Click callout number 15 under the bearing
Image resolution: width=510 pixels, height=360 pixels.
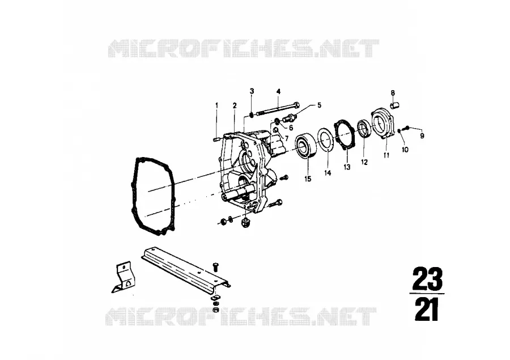click(308, 179)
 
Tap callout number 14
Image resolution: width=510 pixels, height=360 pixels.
click(328, 173)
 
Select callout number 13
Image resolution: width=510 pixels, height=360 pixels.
click(347, 167)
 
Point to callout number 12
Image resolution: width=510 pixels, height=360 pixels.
click(364, 162)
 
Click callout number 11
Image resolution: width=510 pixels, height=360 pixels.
click(386, 155)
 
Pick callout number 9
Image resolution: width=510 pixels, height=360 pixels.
click(422, 135)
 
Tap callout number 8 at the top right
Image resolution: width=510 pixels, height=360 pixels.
click(393, 93)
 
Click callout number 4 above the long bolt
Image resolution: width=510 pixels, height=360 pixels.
click(278, 91)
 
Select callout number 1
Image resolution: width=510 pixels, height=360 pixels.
click(216, 105)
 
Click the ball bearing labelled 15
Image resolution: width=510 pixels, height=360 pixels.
click(307, 146)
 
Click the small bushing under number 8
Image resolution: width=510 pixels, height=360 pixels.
click(394, 105)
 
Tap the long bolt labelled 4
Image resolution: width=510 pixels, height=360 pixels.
click(278, 109)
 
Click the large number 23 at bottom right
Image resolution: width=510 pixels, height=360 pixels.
click(427, 279)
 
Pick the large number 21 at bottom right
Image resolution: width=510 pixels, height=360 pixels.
click(427, 310)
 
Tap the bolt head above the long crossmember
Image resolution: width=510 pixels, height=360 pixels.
click(216, 266)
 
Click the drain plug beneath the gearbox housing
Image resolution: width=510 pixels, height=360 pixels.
click(246, 223)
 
